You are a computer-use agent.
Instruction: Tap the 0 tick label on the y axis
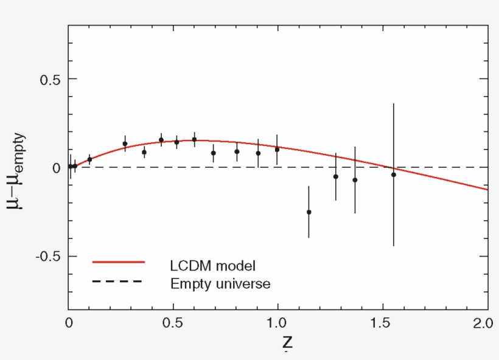pos(56,168)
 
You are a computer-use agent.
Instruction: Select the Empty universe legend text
pos(220,283)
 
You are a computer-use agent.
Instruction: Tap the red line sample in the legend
pos(118,262)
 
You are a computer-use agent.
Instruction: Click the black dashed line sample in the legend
pos(117,281)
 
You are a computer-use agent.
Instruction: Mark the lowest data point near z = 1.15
pos(309,212)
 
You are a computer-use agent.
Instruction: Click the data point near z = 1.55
pos(394,175)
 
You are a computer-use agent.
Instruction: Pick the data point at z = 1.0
pos(277,149)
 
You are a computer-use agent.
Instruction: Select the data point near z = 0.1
pos(89,159)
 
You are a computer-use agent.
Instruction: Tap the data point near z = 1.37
pos(355,180)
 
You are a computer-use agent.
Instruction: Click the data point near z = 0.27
pos(125,144)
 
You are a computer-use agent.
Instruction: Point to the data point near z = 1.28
pos(336,176)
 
